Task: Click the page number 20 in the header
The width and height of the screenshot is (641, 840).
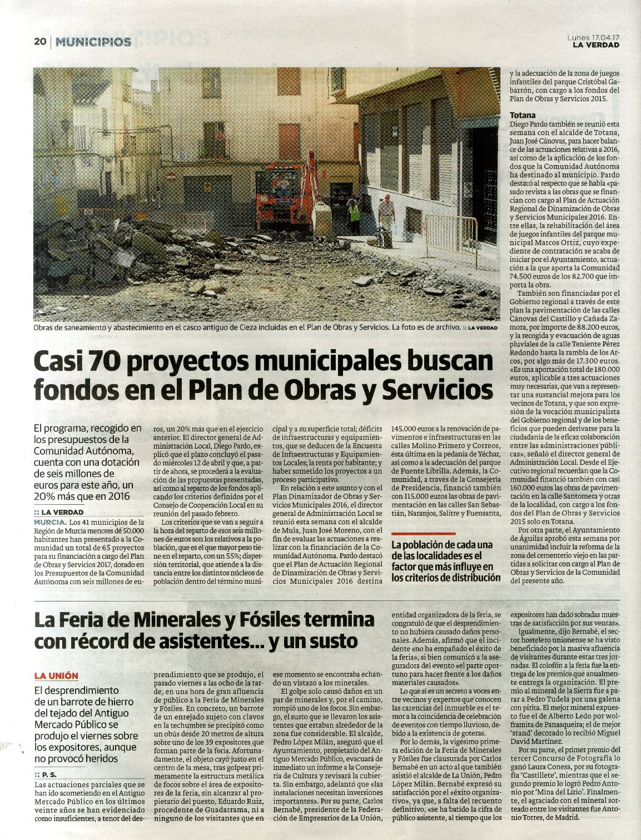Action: pos(39,42)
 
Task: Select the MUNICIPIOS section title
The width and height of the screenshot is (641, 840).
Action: pos(94,42)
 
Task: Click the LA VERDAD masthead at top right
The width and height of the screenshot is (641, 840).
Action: pos(596,45)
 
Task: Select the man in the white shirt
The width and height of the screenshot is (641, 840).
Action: pos(386,214)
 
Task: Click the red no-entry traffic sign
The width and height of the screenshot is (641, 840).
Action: pos(172,177)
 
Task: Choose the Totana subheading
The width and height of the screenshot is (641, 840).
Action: pos(523,116)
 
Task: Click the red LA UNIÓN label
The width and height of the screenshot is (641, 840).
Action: pos(56,676)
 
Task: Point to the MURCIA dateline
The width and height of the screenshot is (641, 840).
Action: pos(50,523)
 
